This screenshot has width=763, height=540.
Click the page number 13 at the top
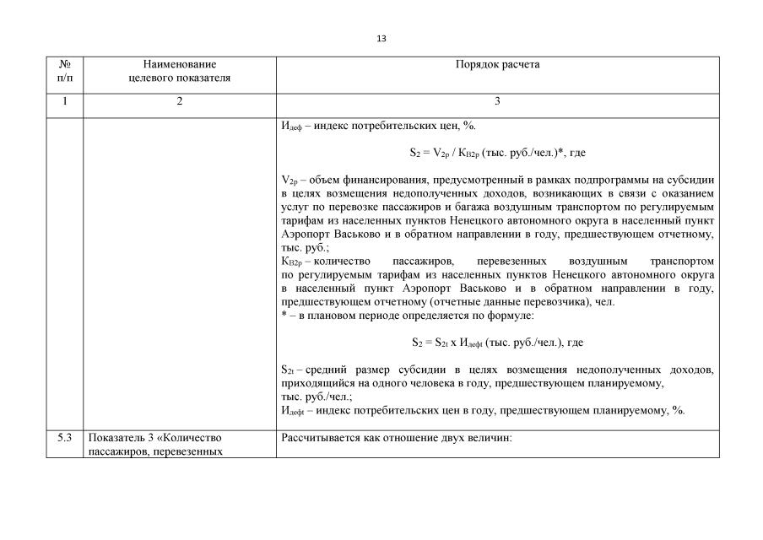coord(381,39)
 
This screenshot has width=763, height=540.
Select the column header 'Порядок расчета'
coord(497,64)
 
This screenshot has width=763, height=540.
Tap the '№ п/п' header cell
coord(66,71)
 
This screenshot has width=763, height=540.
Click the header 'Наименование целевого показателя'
coord(179,71)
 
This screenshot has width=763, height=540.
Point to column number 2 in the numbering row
coord(179,101)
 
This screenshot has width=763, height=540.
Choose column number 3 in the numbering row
coord(497,101)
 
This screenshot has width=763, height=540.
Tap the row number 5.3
coord(66,438)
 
